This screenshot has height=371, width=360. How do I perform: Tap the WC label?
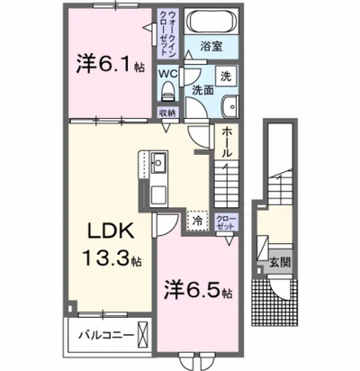click(x=168, y=72)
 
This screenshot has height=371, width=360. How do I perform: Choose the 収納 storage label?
click(x=168, y=113)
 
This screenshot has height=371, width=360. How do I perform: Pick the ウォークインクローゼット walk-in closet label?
click(x=170, y=34)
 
